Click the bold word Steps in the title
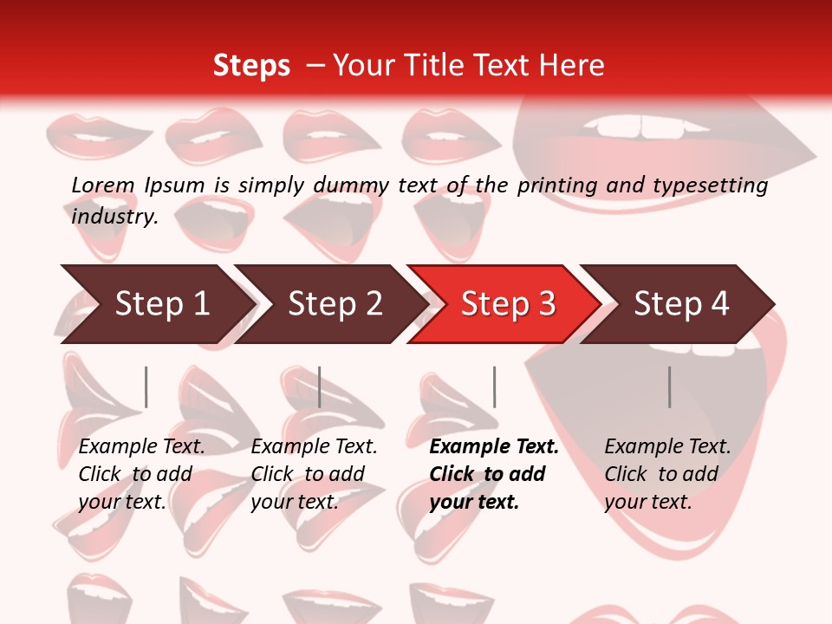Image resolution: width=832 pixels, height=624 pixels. click(x=251, y=65)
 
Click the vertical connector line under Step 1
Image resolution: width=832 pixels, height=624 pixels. click(x=146, y=387)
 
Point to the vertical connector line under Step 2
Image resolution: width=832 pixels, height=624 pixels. click(x=320, y=387)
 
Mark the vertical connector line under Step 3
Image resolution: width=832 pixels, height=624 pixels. click(x=494, y=387)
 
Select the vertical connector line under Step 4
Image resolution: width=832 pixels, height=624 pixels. click(x=669, y=387)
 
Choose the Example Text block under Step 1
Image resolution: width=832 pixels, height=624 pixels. click(x=141, y=474)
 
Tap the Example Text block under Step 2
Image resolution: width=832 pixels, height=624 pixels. click(x=314, y=474)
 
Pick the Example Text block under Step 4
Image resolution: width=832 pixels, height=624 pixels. click(x=667, y=474)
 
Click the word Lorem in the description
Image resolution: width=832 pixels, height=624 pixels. click(x=103, y=185)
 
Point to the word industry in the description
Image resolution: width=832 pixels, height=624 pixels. click(x=114, y=217)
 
